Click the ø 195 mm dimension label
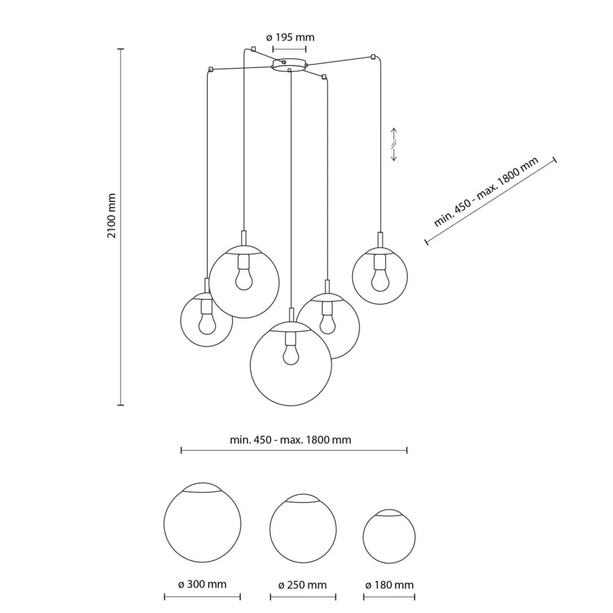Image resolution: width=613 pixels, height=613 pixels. [x=291, y=37]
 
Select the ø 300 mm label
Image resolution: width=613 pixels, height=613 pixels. [x=202, y=584]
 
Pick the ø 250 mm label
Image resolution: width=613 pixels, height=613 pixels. [x=303, y=585]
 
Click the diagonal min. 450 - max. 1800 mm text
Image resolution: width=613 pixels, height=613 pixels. [x=485, y=192]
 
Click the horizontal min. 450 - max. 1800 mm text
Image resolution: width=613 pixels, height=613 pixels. [x=291, y=440]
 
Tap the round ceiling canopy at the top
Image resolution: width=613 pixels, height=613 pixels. [x=289, y=64]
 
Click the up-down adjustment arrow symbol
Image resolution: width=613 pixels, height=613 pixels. [x=395, y=145]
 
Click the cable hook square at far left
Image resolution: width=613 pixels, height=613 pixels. [x=210, y=69]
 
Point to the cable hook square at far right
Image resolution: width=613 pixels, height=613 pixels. [x=373, y=58]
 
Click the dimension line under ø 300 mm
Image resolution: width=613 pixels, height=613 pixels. [x=202, y=596]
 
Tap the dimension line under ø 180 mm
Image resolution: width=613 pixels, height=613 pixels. [x=389, y=596]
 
